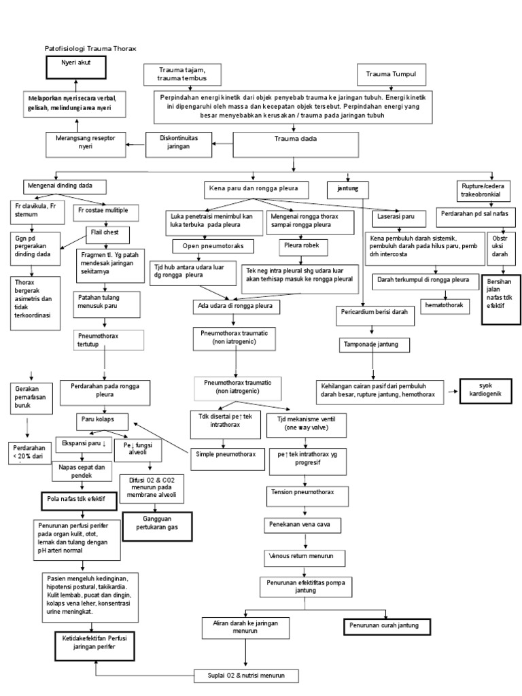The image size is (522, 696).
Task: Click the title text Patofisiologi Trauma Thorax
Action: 90,50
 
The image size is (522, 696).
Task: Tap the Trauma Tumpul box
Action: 391,73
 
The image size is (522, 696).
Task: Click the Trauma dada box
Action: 294,143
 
